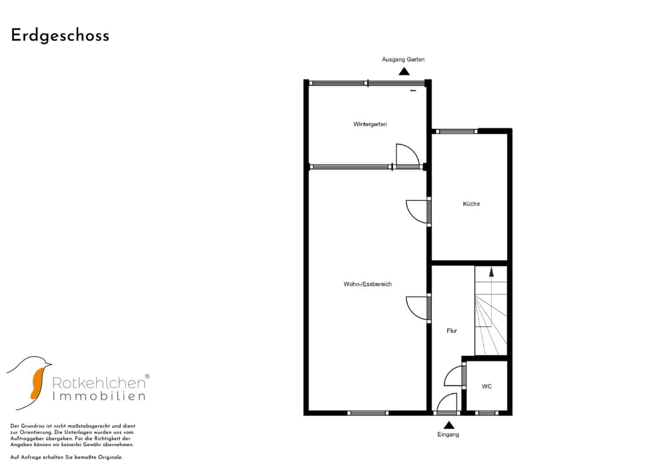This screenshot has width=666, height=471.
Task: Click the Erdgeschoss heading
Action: point(60,36)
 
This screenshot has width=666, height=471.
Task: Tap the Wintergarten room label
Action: point(370,124)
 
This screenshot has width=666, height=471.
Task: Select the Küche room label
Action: point(471,204)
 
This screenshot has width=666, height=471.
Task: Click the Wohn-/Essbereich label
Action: point(368,284)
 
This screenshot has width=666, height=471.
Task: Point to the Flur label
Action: point(451,331)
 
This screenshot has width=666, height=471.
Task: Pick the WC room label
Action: point(487,386)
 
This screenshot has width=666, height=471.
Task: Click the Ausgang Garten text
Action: point(403,59)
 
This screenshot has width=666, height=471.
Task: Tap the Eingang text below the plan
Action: point(448,434)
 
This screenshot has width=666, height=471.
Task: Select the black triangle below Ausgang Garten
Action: point(404,72)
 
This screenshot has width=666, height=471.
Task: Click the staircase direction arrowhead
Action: point(492,272)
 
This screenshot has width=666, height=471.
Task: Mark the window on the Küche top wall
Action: point(456,131)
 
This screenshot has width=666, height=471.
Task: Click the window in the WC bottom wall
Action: point(486,413)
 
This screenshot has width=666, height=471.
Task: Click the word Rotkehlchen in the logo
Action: point(99,383)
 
